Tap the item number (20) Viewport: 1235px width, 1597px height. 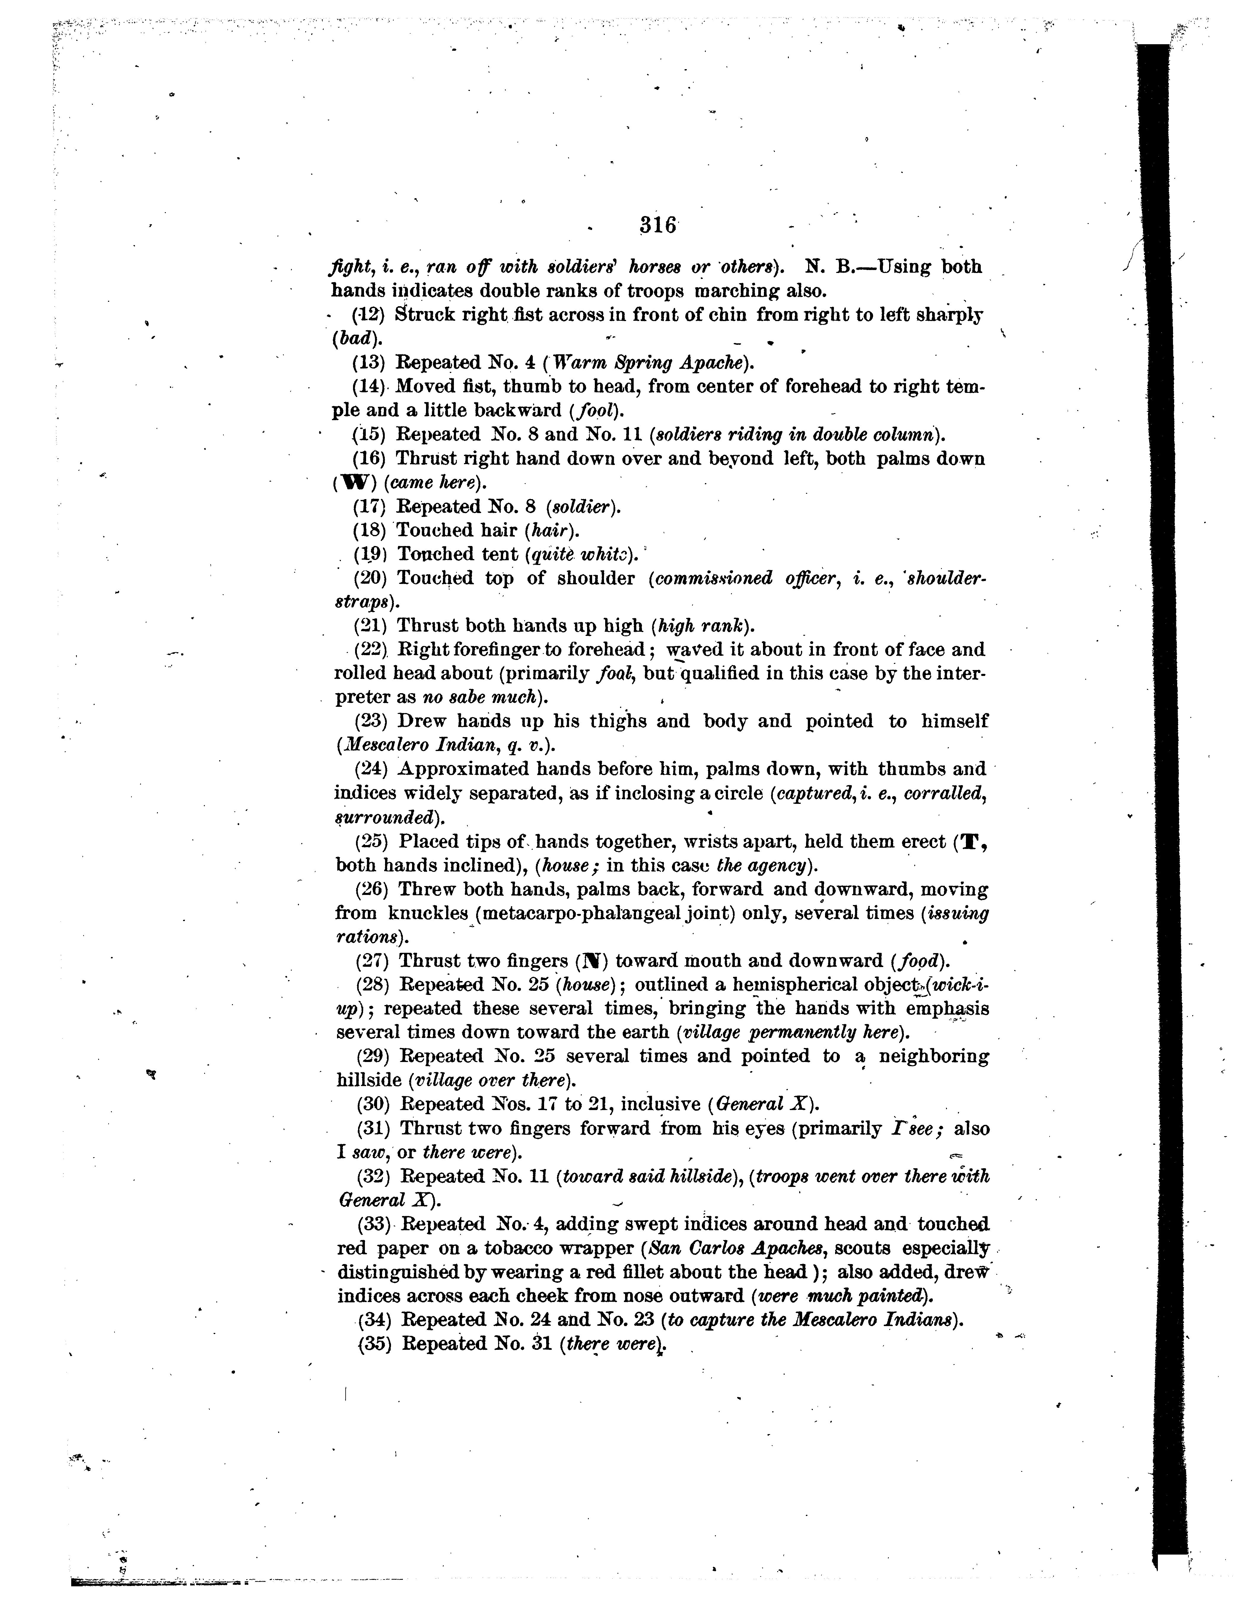tap(371, 578)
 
